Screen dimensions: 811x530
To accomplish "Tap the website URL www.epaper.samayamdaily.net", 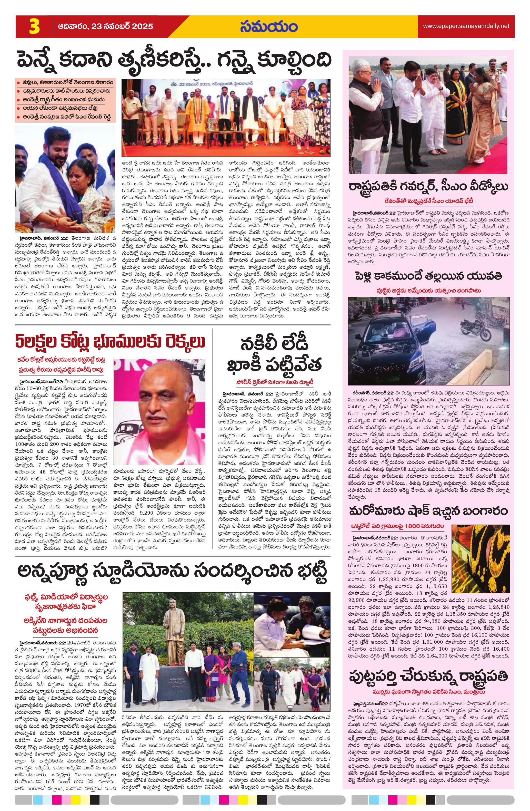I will [x=466, y=26].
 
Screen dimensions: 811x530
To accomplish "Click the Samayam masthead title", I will [x=268, y=27].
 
